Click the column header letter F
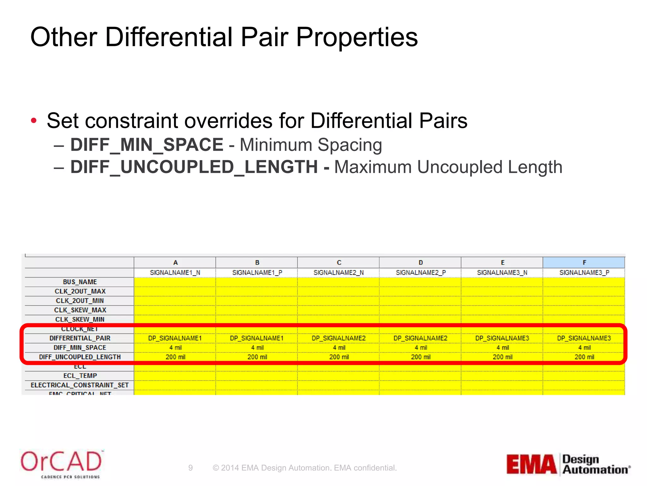(x=584, y=263)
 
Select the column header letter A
(x=175, y=263)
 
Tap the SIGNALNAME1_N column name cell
(x=175, y=272)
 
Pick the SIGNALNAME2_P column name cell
(x=420, y=272)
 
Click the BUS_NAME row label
(x=80, y=282)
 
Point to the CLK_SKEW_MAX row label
(x=80, y=310)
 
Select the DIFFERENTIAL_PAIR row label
(x=80, y=338)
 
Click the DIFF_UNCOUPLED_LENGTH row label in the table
(x=80, y=357)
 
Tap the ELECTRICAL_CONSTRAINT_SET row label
(x=80, y=385)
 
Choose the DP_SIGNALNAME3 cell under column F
(x=584, y=338)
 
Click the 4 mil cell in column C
(x=339, y=348)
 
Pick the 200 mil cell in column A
(x=175, y=357)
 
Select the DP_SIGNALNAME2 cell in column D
(x=420, y=338)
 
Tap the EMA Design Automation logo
(x=568, y=464)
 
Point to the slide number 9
(x=190, y=468)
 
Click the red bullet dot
(x=34, y=121)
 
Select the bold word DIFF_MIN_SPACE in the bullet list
(x=147, y=145)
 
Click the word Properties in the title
(x=357, y=37)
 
